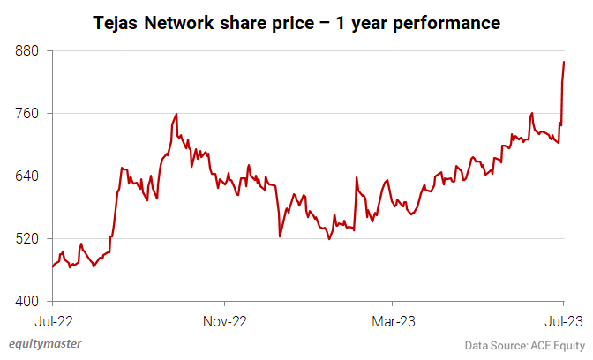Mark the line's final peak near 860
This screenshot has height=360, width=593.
564,62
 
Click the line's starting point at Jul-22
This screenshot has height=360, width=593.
53,266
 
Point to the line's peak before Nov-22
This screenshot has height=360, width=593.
176,114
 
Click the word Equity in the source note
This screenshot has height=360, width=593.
567,344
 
